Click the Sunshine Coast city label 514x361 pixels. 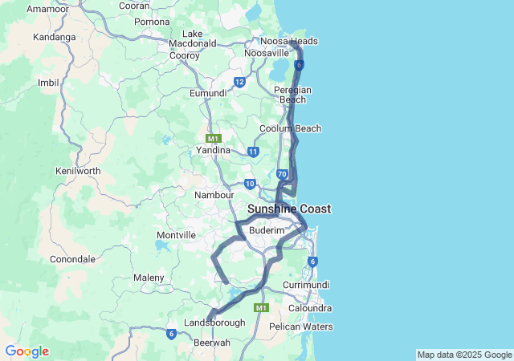[x=289, y=209]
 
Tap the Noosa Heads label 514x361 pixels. [x=289, y=41]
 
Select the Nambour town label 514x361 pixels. [x=214, y=194]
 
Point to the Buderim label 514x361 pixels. [x=267, y=230]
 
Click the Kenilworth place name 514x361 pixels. [x=78, y=171]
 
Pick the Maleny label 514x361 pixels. [x=149, y=278]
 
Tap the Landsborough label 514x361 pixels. [x=214, y=322]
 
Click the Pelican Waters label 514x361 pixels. [x=301, y=327]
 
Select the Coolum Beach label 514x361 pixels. [x=290, y=128]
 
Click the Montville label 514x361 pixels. [x=177, y=235]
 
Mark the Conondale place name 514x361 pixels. [x=73, y=259]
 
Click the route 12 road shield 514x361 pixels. [x=239, y=82]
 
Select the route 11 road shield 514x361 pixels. [x=253, y=151]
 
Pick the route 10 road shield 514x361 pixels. [x=250, y=184]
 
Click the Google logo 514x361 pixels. [x=27, y=351]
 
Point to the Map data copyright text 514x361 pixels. [x=464, y=355]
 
